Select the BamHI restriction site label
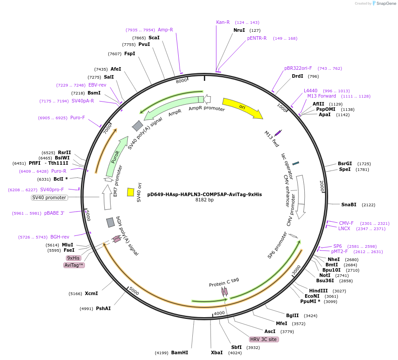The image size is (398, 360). [x=180, y=352]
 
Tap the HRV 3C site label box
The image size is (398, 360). [x=264, y=339]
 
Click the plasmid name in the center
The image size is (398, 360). [x=204, y=194]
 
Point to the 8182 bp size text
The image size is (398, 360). [x=204, y=200]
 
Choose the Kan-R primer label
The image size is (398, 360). [x=223, y=22]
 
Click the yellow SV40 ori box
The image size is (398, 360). [x=131, y=192]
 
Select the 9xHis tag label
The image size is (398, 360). [x=73, y=258]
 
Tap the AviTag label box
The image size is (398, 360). [x=74, y=265]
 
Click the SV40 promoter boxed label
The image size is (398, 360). [x=49, y=197]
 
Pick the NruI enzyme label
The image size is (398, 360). [x=239, y=30]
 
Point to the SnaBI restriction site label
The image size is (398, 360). [x=348, y=205]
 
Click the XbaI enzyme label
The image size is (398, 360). [x=217, y=352]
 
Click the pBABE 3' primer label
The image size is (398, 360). [x=54, y=213]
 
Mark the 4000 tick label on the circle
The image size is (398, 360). [x=219, y=313]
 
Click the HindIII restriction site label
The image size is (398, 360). [x=318, y=291]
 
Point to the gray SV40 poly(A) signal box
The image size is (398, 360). [x=138, y=126]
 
